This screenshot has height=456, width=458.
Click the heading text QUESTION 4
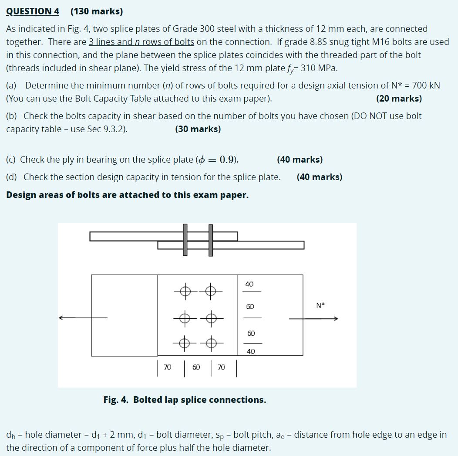point(33,11)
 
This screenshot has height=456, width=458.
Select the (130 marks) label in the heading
point(97,11)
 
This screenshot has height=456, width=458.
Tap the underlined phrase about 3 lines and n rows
point(141,42)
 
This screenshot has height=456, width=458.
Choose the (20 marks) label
point(399,99)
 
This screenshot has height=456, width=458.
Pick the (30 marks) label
point(198,129)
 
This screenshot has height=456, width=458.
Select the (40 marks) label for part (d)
point(320,177)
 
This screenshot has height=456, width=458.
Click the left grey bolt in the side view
point(185,240)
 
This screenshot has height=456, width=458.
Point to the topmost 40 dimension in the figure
point(249,284)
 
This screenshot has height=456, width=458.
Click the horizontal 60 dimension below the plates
point(196,368)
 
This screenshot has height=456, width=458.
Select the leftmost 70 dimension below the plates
point(167,368)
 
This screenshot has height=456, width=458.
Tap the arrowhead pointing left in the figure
point(63,318)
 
